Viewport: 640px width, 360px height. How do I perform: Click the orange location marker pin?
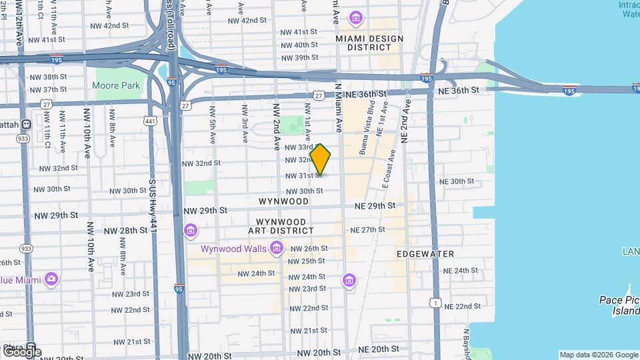point(321,159)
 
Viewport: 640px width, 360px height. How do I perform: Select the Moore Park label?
point(116,85)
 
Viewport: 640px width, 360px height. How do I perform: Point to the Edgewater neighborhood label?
point(425,254)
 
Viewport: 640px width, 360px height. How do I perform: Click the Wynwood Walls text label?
point(235,249)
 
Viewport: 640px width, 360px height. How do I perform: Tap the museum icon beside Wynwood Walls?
point(277,249)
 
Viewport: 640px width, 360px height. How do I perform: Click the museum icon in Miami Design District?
point(356,17)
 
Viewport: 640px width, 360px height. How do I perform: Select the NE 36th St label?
point(458,90)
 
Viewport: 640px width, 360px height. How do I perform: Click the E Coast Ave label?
point(388,167)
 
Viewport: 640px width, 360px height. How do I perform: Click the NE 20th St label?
point(378,349)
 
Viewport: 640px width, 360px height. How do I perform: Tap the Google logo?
point(21,351)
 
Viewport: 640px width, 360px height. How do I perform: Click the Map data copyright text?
point(598,355)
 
